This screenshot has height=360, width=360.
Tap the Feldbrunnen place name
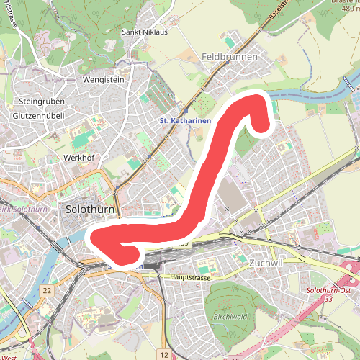click(x=229, y=56)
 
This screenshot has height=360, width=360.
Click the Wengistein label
click(x=105, y=79)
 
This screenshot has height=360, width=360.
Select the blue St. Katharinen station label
click(x=185, y=121)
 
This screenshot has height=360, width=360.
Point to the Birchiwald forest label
click(x=230, y=316)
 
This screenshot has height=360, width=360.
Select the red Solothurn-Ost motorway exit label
click(x=329, y=289)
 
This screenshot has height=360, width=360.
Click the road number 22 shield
click(x=47, y=290)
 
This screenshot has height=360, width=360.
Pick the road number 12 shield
click(x=164, y=355)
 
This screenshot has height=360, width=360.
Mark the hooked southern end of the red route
click(x=131, y=252)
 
